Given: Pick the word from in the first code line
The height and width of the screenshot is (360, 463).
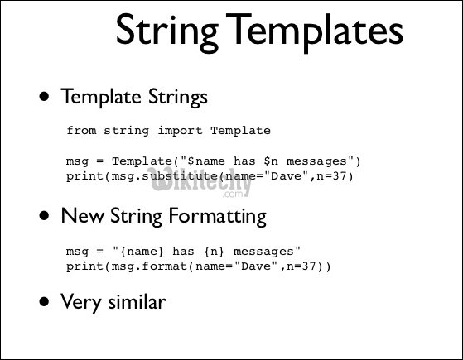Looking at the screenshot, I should coord(80,130).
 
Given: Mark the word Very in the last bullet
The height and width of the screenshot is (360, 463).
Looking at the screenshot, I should coord(79,301).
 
